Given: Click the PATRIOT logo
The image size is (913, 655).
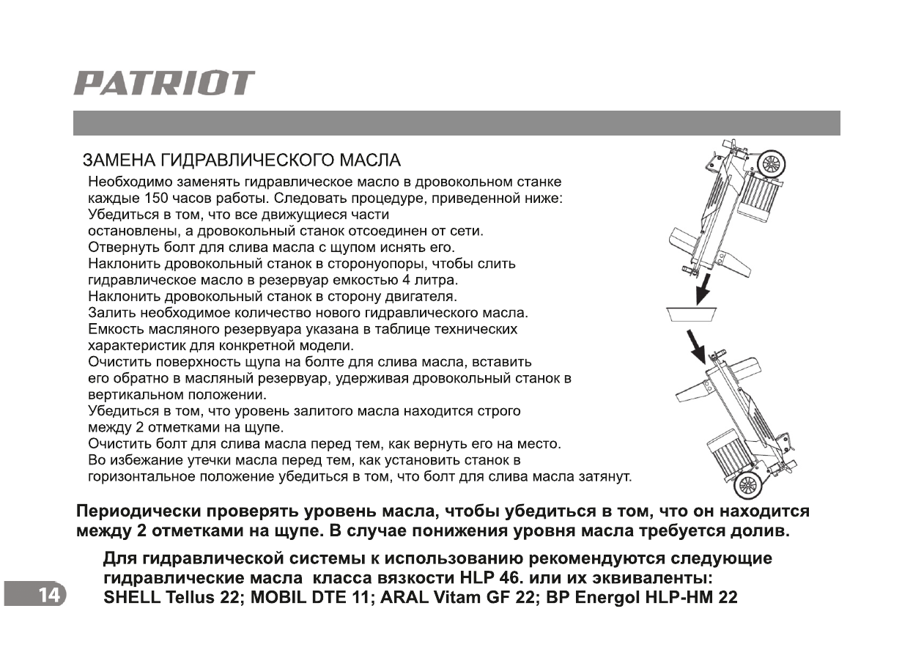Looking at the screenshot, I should click(x=164, y=84).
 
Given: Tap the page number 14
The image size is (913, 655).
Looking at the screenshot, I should click(x=48, y=596).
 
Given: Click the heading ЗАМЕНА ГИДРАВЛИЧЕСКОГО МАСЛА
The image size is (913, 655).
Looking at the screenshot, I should click(x=242, y=160).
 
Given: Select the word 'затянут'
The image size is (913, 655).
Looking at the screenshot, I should click(x=607, y=478).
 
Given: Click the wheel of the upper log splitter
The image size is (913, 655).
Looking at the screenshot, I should click(x=769, y=166).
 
